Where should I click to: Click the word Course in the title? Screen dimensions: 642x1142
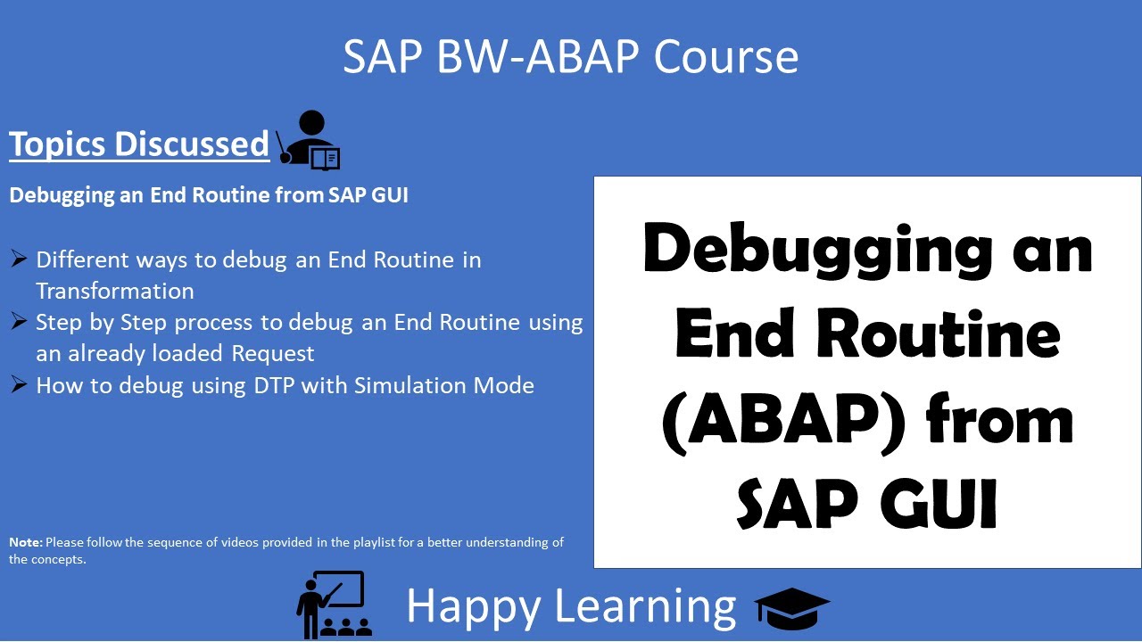point(725,56)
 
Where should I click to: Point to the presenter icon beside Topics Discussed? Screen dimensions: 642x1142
point(309,140)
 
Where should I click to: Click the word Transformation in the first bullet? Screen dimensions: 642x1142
point(115,291)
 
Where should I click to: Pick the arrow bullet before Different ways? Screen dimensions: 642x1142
point(19,259)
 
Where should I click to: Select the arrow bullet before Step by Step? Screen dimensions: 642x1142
point(19,321)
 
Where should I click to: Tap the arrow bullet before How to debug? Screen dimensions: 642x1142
point(19,384)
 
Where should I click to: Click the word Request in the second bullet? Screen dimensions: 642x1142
point(273,354)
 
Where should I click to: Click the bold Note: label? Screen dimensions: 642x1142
point(25,542)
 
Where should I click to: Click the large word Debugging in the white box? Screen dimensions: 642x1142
point(816,250)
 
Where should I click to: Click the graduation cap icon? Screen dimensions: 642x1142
point(792,608)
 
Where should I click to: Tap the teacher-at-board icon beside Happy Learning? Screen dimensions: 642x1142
point(334,604)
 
